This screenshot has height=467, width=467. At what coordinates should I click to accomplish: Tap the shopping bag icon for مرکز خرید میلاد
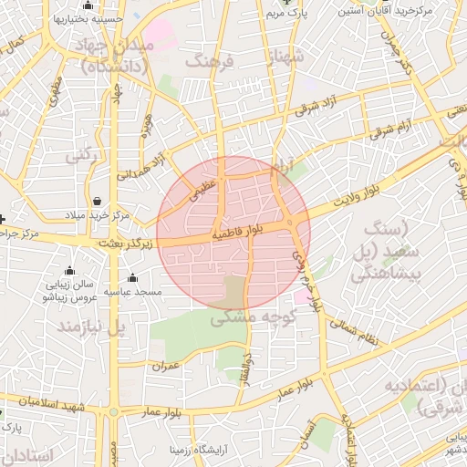(x=98, y=200)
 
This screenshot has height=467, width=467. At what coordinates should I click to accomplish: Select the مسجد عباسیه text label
(x=134, y=292)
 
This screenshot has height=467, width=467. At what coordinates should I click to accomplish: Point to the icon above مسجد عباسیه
(x=133, y=278)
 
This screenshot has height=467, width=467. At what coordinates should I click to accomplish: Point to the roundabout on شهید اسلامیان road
(x=113, y=412)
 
